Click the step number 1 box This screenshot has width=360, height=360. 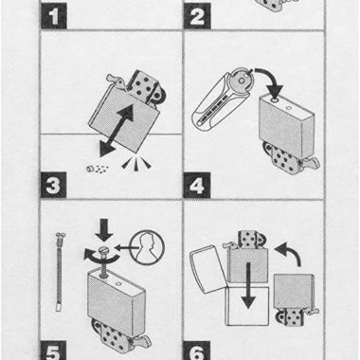(x=54, y=16)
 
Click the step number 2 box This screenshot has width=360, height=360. (x=197, y=16)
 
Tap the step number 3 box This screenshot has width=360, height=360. (x=53, y=185)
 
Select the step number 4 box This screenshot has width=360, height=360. (x=197, y=185)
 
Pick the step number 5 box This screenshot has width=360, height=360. (x=53, y=351)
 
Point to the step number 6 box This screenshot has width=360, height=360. (x=197, y=351)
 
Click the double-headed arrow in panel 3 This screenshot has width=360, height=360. (x=117, y=131)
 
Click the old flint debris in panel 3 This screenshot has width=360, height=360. (x=98, y=169)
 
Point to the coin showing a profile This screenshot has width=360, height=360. (x=148, y=247)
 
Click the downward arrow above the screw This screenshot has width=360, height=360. (x=104, y=230)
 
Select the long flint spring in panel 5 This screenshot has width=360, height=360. (x=60, y=272)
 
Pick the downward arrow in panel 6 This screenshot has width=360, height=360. (x=248, y=285)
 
